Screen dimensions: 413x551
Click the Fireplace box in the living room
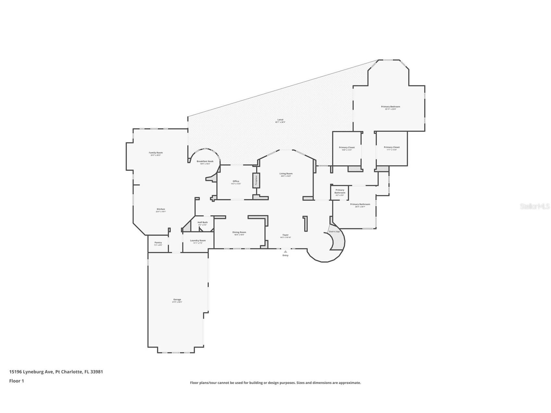(256, 180)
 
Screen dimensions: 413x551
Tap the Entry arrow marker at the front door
(285, 251)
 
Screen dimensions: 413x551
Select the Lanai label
(280, 120)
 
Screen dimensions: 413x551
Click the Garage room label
(177, 300)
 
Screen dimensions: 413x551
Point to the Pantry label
(158, 243)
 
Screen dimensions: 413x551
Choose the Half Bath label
(203, 222)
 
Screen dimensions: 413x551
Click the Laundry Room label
(198, 241)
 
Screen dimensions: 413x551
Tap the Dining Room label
(239, 232)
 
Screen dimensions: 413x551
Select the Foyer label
(285, 235)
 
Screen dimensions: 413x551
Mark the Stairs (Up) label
(334, 232)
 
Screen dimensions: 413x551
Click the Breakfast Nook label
(205, 161)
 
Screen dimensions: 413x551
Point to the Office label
(236, 181)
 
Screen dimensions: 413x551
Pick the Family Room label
(156, 153)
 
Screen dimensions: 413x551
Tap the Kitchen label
(161, 209)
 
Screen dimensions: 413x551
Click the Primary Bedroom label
(390, 106)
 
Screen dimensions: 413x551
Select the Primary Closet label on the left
(347, 147)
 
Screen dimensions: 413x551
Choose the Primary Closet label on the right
(392, 147)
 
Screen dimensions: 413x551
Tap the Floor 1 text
(17, 381)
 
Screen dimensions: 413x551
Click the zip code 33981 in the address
(97, 372)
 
